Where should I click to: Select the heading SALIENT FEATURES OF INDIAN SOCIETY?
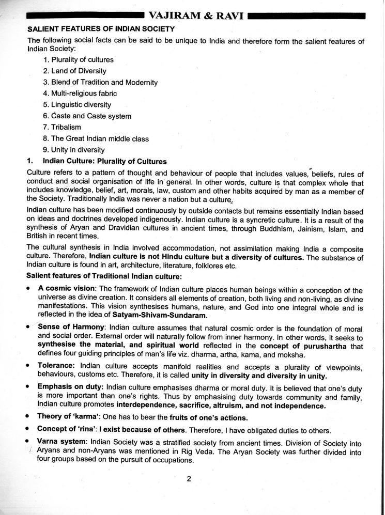tap(101, 29)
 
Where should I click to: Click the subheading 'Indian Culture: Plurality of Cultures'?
tap(105, 161)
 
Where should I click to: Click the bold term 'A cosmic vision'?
tap(66, 290)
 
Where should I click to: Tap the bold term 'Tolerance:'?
tap(56, 365)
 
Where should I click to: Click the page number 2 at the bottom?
tap(189, 478)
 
